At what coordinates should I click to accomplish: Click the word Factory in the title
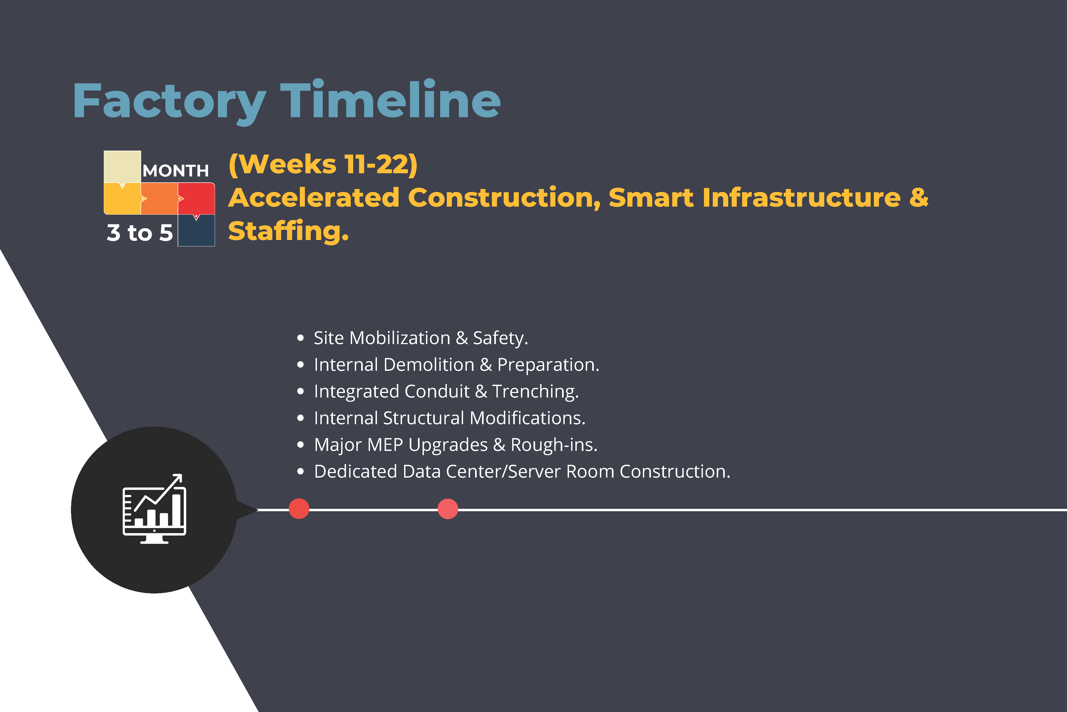(x=169, y=103)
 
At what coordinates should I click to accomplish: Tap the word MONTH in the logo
(x=176, y=171)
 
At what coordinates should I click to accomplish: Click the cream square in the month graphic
(x=122, y=167)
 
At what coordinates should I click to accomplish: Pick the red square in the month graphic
(x=196, y=198)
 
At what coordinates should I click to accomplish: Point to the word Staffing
(x=289, y=231)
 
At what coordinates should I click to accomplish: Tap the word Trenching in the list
(x=535, y=391)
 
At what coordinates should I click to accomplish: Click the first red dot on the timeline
(x=299, y=509)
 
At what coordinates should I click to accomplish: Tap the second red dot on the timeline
(x=448, y=509)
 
